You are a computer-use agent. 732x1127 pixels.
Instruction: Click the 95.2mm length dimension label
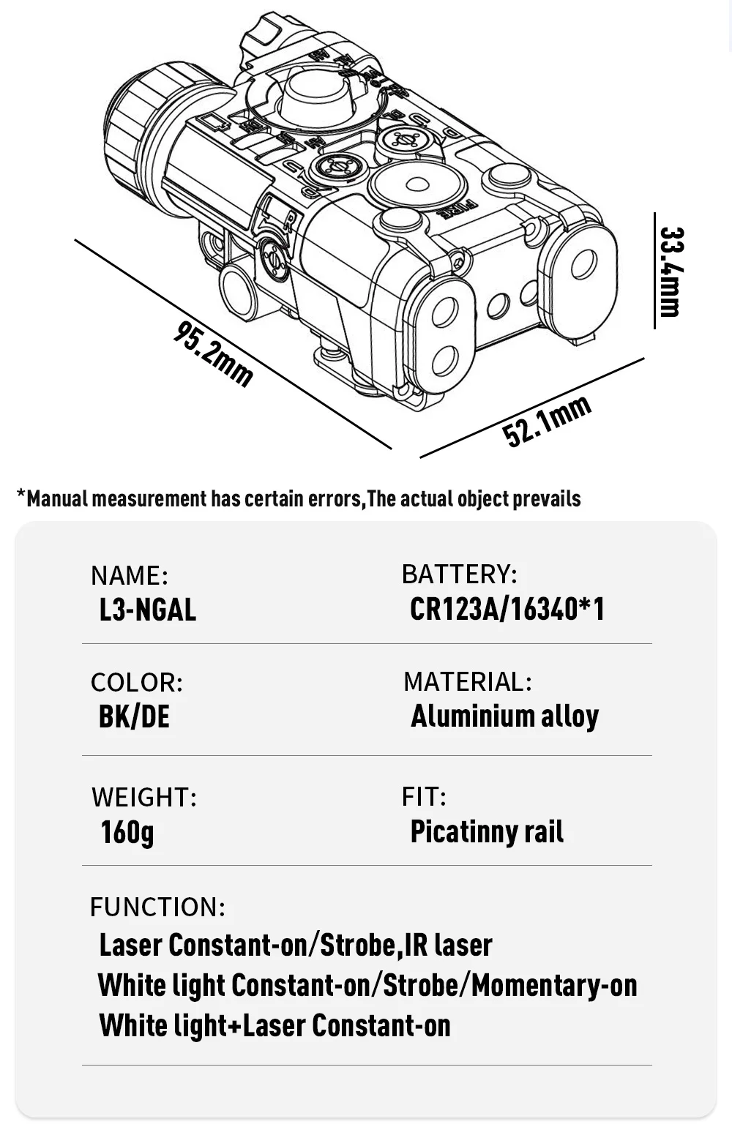pos(213,353)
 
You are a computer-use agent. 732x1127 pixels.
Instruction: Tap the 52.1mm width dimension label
pos(547,421)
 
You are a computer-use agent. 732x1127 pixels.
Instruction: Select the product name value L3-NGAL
pos(147,610)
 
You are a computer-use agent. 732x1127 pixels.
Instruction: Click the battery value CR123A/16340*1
pos(507,609)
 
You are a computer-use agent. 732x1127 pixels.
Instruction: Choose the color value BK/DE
pos(134,716)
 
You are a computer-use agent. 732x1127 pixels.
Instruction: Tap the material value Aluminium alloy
pos(504,716)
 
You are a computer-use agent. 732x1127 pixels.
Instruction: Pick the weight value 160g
pos(127,831)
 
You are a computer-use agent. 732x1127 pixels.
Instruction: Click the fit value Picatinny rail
pos(487,831)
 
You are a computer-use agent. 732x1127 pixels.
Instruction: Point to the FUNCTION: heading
pos(157,907)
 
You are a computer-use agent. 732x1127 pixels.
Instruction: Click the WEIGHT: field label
pos(144,797)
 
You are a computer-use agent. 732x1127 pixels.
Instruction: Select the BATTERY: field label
pos(459,574)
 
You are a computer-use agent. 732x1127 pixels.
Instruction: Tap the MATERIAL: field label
pos(467,682)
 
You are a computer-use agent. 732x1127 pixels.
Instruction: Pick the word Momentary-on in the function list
pos(554,985)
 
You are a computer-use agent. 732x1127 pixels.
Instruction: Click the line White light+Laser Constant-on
pos(274,1025)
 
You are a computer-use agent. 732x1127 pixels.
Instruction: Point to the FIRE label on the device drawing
pos(457,210)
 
